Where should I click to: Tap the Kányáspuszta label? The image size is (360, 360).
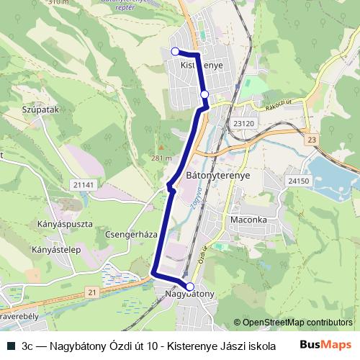tap(63, 224)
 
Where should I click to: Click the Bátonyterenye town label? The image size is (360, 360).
tap(217, 174)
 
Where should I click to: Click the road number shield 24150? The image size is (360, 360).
tap(297, 181)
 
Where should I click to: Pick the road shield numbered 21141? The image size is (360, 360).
tap(84, 185)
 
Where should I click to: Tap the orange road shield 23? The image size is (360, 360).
tap(311, 139)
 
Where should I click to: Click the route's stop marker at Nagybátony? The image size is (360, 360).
tap(190, 286)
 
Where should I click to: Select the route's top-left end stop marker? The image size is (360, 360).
tap(175, 50)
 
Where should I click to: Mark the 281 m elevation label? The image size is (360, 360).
tap(161, 158)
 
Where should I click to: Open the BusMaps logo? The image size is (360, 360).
tap(325, 345)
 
